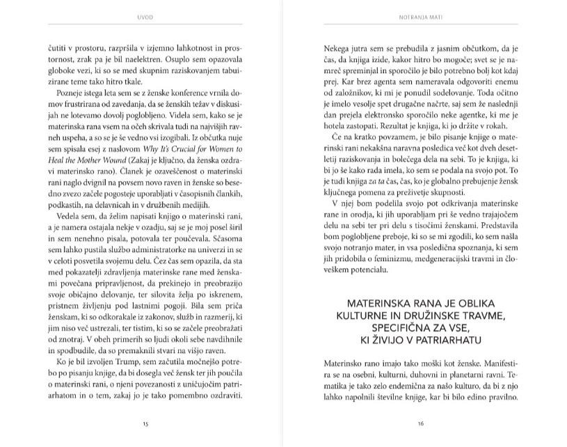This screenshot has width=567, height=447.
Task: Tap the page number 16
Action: (421, 423)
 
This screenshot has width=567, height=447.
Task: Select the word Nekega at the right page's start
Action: (338, 50)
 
